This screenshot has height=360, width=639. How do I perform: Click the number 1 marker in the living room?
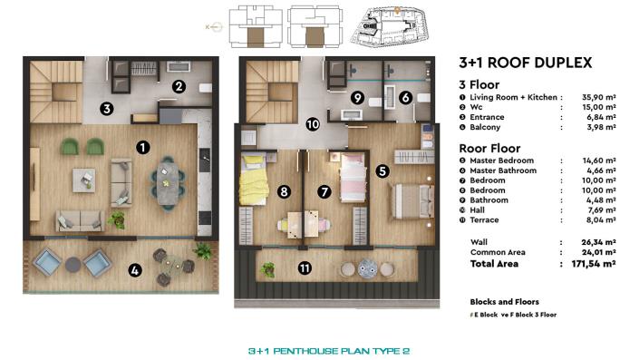[141, 145]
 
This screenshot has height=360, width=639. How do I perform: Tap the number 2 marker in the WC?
[179, 87]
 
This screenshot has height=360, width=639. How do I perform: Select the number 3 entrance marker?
[106, 109]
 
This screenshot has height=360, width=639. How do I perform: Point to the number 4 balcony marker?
[135, 268]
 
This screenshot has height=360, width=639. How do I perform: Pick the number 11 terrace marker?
[305, 268]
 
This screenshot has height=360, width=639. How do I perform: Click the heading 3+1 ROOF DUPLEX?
[526, 63]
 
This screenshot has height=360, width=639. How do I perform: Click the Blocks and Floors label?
[505, 301]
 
